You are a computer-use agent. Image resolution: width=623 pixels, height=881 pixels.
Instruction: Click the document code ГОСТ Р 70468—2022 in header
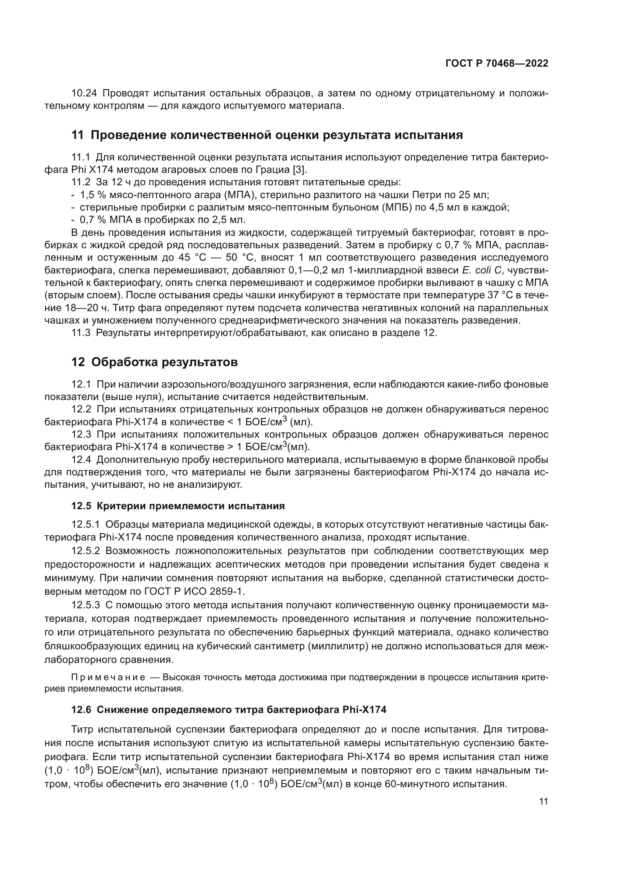coord(496,64)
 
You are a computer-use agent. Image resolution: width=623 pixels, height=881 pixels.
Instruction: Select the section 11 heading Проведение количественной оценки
coord(267,135)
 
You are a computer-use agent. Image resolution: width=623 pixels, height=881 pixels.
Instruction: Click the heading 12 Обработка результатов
coord(154,362)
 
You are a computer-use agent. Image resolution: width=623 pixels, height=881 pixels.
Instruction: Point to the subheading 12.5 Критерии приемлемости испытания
coord(178,506)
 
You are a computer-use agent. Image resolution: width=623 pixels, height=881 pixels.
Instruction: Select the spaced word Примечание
coord(108,677)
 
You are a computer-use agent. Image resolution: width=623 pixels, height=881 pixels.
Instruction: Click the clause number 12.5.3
coord(86,605)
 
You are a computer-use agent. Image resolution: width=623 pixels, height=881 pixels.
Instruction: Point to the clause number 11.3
coord(81,333)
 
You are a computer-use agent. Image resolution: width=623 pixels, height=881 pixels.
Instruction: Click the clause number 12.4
coord(81,459)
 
